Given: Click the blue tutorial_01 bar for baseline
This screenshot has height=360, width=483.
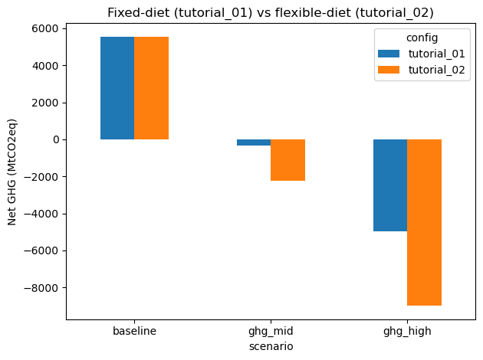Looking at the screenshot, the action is coord(117,88).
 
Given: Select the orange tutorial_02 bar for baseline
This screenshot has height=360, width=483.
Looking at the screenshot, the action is coord(151,88).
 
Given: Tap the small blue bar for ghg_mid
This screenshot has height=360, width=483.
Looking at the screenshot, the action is coord(254,142).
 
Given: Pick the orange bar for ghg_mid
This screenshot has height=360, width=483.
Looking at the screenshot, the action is coord(288,160).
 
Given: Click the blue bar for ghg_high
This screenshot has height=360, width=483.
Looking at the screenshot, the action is coord(390,185).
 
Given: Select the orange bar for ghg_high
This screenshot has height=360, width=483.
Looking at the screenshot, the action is coord(425,222).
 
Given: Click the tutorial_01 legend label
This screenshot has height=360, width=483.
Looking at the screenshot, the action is coord(436,54).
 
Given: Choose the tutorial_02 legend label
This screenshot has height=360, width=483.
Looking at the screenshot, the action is coord(436,70).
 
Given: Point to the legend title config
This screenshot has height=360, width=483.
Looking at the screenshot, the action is coord(422,38).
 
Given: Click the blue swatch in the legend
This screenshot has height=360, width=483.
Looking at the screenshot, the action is coord(389,54).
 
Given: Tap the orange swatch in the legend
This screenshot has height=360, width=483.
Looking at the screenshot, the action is coord(389,70).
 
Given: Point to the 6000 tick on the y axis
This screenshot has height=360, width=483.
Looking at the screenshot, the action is coord(45,28).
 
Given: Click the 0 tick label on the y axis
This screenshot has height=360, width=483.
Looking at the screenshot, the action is coord(56,139).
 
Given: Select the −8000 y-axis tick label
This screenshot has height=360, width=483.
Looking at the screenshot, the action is coord(41,288).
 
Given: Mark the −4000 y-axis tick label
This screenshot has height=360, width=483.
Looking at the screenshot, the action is coord(41,214).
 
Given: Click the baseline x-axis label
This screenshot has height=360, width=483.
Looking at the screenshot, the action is coord(135,331).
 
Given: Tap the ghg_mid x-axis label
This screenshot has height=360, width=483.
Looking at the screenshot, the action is coord(271,332).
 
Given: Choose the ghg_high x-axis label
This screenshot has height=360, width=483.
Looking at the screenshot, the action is coord(407,332).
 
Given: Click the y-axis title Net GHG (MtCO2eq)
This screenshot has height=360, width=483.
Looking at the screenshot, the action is coord(12,172).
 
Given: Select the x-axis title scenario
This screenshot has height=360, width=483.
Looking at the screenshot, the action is coord(271,346).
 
